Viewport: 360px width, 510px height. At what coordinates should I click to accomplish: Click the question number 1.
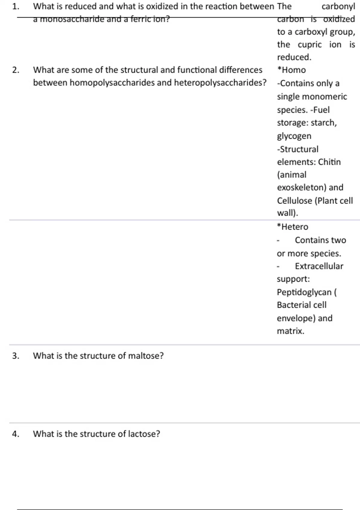(16, 7)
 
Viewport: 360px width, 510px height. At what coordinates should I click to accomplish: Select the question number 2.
(16, 70)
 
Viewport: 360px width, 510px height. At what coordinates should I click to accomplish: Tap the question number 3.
(16, 356)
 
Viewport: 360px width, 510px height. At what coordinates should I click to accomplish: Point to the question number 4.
(16, 434)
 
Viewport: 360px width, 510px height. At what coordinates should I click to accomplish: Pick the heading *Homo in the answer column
(292, 70)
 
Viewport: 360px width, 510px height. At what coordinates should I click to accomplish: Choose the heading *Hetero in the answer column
(292, 227)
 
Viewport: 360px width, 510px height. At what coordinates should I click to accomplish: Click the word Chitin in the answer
(329, 162)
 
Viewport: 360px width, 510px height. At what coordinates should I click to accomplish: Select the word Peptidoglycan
(304, 292)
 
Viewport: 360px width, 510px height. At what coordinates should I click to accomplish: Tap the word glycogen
(294, 136)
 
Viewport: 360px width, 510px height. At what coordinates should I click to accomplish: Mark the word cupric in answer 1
(310, 45)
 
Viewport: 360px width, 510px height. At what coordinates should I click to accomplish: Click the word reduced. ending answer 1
(294, 57)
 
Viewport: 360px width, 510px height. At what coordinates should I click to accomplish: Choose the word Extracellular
(319, 266)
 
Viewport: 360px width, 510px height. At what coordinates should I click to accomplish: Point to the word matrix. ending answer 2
(290, 331)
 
